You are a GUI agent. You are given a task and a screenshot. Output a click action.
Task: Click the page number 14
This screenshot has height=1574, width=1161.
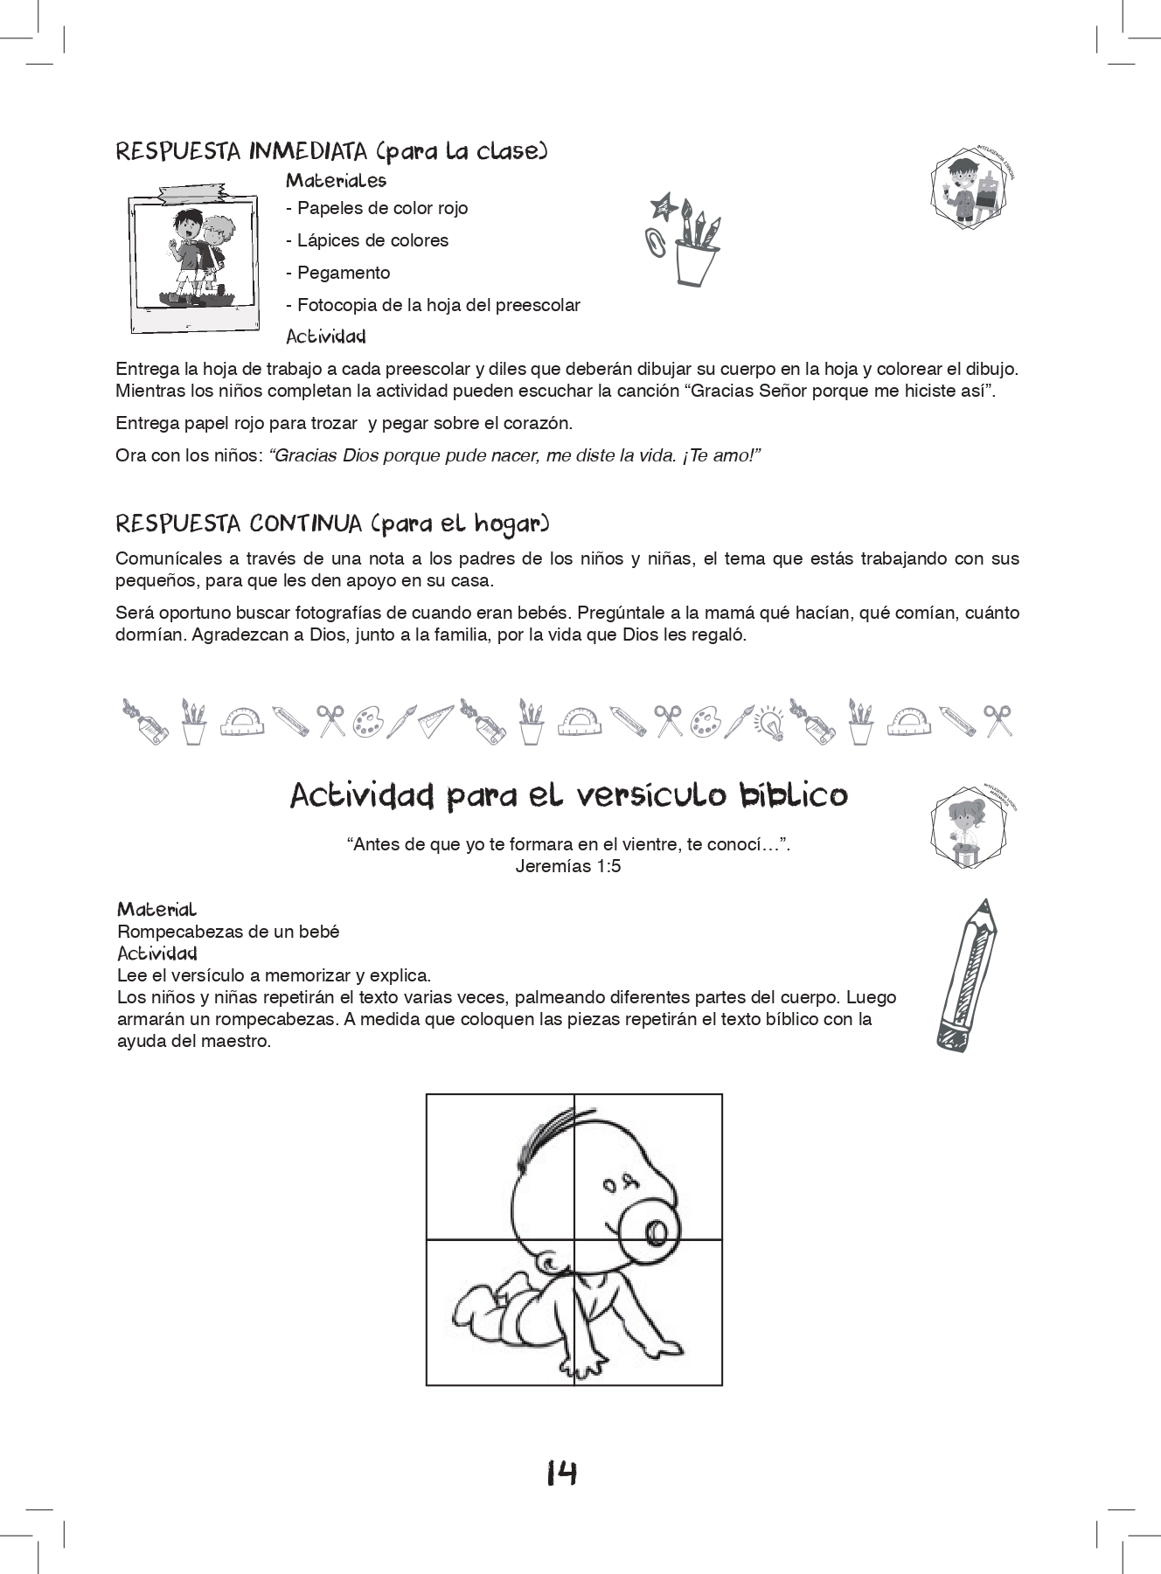561,1474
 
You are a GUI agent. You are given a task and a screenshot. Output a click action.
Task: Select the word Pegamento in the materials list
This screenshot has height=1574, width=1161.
344,273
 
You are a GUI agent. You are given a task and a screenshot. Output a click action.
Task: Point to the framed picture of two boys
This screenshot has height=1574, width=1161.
193,260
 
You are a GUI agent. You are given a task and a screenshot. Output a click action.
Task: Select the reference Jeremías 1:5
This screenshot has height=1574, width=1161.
568,867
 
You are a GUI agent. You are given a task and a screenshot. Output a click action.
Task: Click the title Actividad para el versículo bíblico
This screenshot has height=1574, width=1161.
568,796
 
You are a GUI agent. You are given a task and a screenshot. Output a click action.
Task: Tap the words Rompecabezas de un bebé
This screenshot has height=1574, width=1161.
228,932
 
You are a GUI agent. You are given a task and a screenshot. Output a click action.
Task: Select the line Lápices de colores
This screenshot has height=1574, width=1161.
367,240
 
